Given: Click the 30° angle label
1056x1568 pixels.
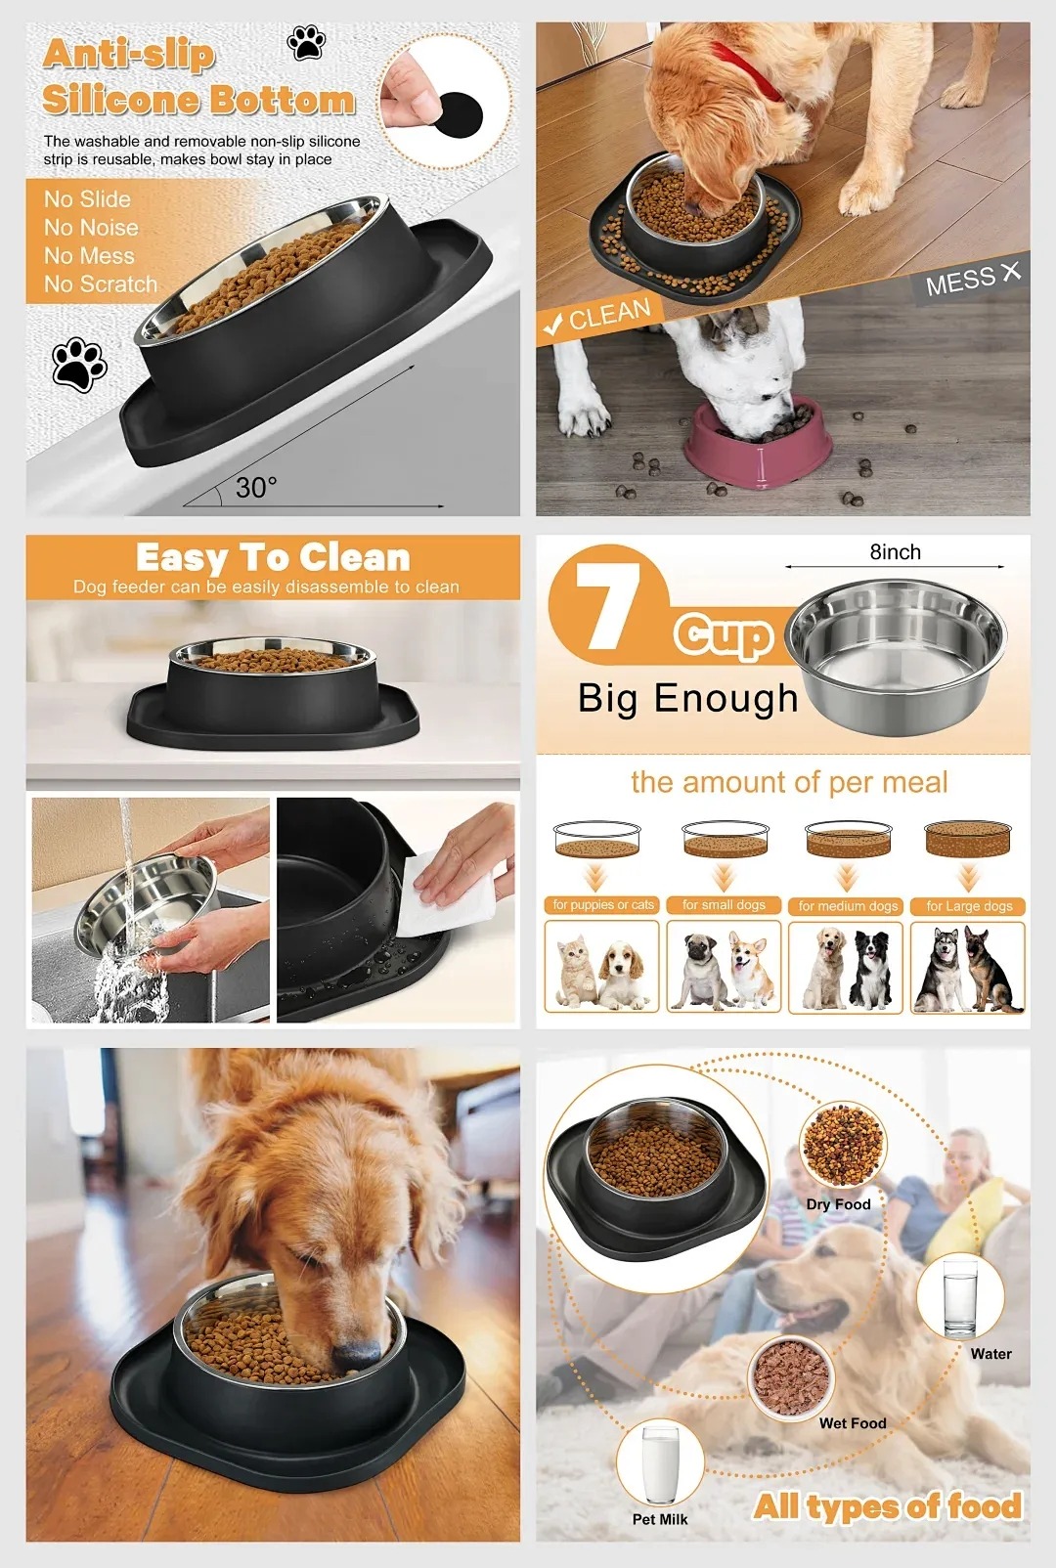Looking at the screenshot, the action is click(x=256, y=488).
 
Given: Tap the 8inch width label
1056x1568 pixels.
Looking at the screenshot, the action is click(x=895, y=552).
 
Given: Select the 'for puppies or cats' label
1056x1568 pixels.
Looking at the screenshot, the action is click(x=603, y=905).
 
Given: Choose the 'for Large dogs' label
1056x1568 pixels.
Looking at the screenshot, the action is click(x=969, y=906).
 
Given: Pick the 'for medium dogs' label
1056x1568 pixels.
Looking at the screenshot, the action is click(x=848, y=906).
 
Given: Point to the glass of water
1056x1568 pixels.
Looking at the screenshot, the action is click(x=959, y=1298).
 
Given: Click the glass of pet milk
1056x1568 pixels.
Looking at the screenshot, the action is click(x=660, y=1465).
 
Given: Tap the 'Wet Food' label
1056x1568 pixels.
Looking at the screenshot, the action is click(x=853, y=1423).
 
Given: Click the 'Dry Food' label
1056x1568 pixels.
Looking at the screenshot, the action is click(x=838, y=1204).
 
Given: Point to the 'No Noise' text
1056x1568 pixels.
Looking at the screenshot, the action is click(x=91, y=228).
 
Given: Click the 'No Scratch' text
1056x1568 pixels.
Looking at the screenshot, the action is click(x=100, y=284).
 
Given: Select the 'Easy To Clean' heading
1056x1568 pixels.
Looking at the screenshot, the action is click(x=273, y=558).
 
